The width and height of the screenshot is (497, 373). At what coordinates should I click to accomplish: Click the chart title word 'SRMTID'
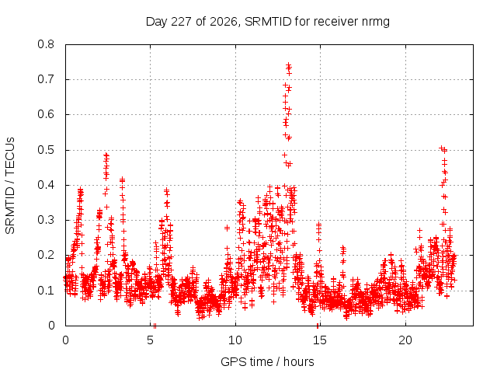[268, 22]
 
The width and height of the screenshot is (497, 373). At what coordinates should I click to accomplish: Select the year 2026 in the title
[224, 22]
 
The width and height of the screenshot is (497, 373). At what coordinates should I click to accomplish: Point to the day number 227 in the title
[181, 22]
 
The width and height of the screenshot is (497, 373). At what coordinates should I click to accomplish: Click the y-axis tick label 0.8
[46, 44]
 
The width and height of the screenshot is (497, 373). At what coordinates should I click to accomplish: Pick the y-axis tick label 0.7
[46, 79]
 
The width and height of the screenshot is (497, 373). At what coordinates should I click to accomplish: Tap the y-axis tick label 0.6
[46, 114]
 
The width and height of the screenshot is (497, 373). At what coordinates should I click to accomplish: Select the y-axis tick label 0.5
[46, 150]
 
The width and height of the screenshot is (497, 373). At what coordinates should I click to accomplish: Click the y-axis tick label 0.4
[46, 185]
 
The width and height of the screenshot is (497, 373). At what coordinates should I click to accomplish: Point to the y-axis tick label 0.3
[46, 220]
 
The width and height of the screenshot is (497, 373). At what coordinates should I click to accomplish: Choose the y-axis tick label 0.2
[46, 255]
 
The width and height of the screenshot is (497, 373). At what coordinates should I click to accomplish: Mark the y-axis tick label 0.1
[46, 290]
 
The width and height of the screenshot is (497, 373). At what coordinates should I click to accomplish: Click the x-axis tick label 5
[150, 340]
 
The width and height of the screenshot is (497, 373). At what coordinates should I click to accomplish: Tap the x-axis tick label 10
[235, 340]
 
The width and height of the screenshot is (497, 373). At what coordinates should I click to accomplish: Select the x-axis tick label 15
[320, 340]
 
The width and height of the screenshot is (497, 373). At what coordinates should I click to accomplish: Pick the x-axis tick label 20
[405, 340]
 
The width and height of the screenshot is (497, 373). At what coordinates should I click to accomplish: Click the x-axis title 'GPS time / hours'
[267, 361]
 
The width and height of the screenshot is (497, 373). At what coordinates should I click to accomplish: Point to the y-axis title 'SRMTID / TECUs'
[10, 186]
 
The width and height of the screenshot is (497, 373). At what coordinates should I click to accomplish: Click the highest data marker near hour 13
[288, 65]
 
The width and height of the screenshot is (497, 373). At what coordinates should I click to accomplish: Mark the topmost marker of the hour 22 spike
[441, 148]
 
